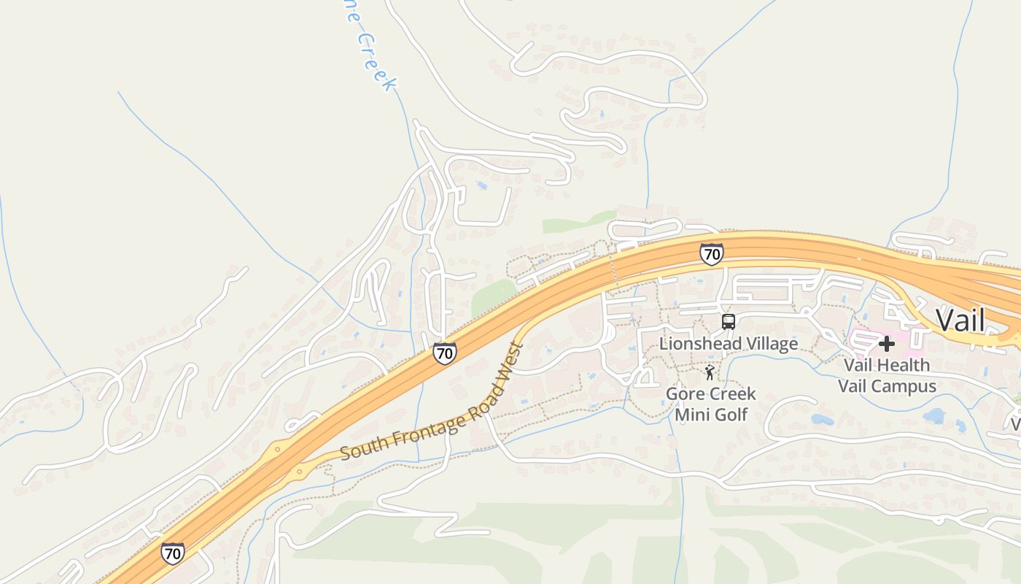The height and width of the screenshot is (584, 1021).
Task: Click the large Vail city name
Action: coord(960,320)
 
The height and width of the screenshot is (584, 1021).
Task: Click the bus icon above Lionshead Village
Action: coord(728,321)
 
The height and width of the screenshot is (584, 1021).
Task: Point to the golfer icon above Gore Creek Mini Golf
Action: coord(710,373)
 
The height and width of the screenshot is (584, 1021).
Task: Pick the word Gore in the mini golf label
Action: coord(685,394)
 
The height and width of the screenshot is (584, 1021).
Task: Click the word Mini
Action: coord(691,415)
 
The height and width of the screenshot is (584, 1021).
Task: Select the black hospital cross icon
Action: coord(887,344)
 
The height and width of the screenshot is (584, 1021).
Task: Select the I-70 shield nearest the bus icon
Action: coord(711,254)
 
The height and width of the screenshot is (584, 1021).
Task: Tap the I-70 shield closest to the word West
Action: coord(444,353)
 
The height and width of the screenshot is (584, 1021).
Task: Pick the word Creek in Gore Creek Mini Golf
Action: coord(731,394)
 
